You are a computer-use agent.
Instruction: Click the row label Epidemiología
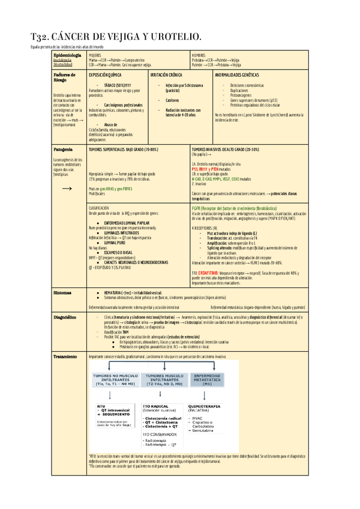tap(67, 55)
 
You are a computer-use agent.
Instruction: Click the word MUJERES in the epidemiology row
tap(95, 55)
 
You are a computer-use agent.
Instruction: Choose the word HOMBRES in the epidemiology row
tap(199, 55)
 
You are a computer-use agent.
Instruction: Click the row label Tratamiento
tap(68, 357)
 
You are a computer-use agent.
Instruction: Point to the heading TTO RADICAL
tap(155, 406)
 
